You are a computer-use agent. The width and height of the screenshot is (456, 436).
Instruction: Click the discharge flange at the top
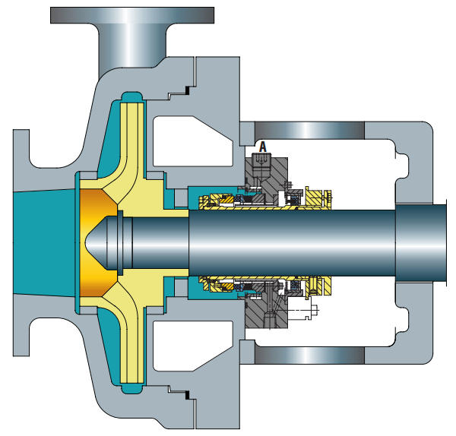(x=132, y=14)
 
